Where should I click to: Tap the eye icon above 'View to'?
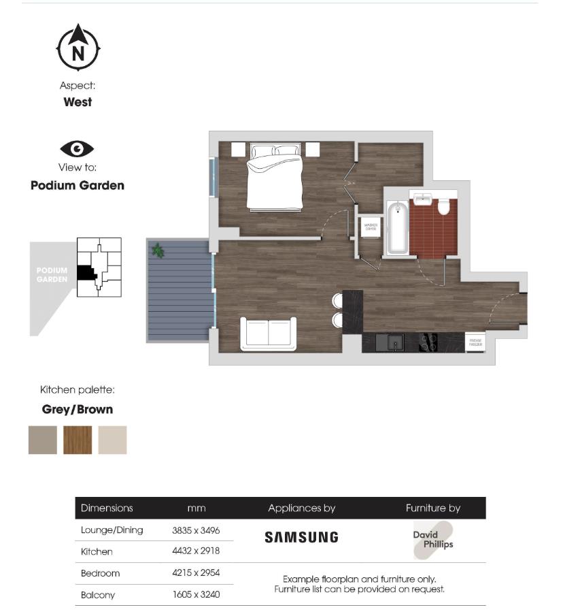click(78, 149)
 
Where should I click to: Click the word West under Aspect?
click(78, 102)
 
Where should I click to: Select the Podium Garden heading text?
click(78, 185)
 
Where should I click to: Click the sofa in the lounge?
click(269, 334)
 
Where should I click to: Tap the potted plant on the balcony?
click(158, 251)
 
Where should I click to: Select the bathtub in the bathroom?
click(397, 228)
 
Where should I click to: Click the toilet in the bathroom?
click(445, 206)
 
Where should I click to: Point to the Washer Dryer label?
click(371, 228)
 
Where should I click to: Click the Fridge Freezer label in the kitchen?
click(475, 342)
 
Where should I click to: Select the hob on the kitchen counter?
click(428, 342)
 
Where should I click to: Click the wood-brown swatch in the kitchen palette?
click(78, 440)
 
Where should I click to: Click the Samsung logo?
click(301, 537)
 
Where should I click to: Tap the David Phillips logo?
click(433, 539)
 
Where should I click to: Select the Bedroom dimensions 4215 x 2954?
click(196, 573)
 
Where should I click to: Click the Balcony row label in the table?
click(98, 595)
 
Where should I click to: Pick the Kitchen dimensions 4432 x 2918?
click(196, 551)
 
